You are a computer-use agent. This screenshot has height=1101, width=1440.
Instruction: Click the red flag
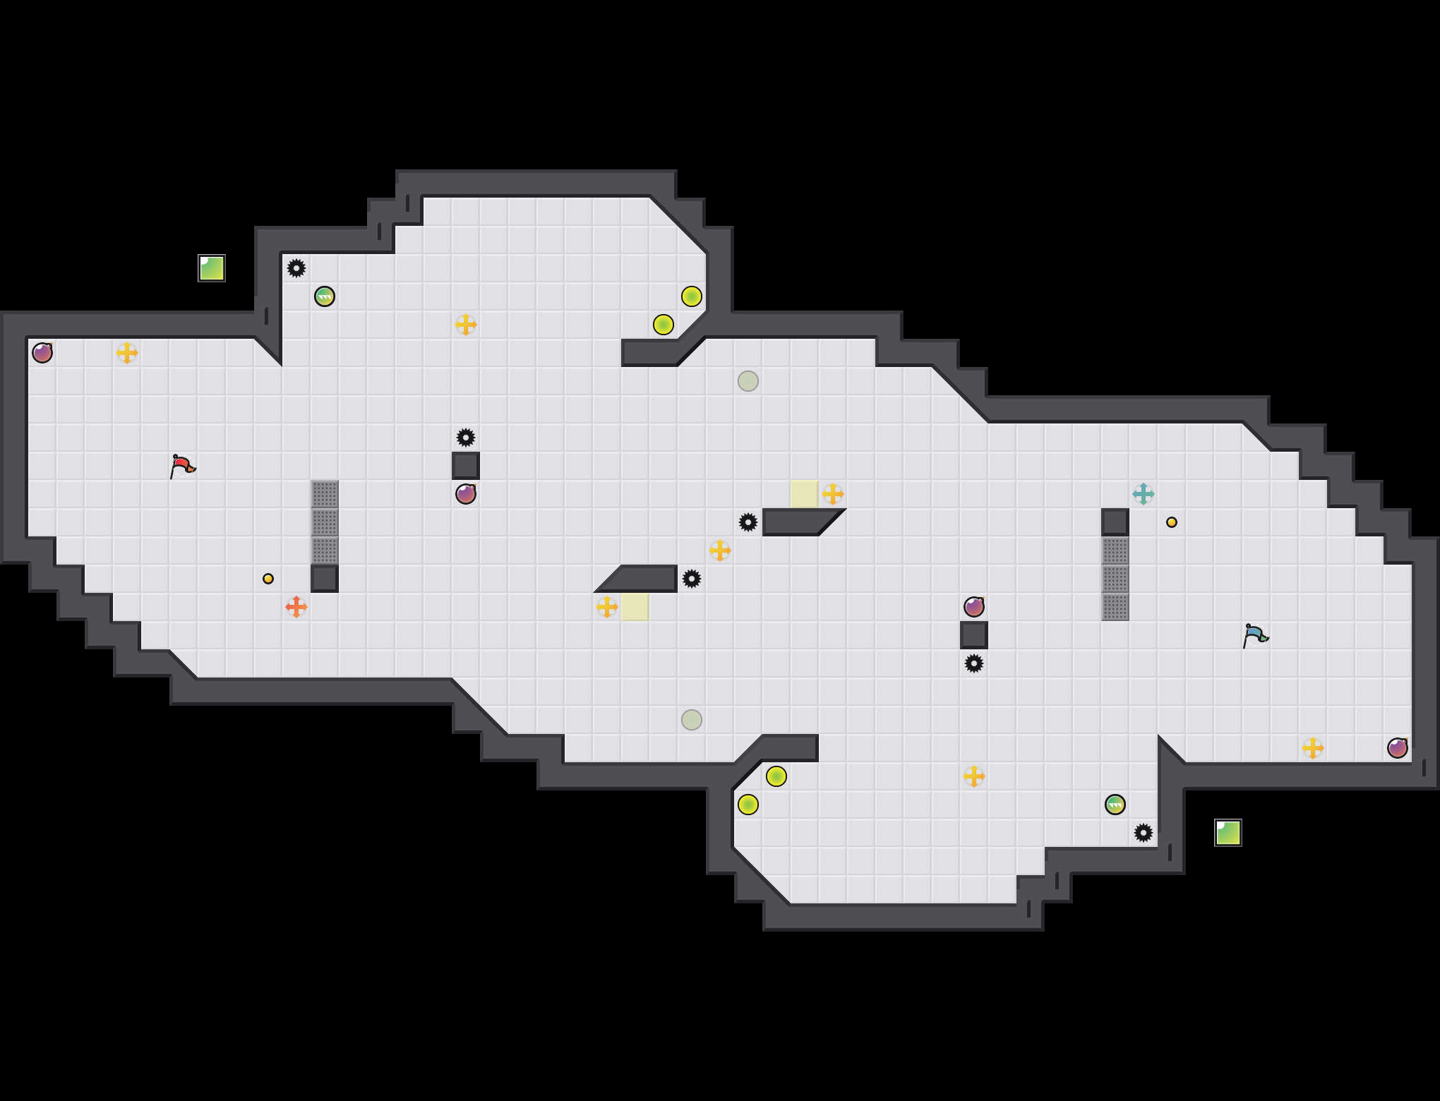point(182,466)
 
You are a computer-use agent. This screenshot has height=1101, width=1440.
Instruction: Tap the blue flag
point(1255,635)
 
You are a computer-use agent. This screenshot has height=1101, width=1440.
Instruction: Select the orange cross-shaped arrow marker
point(296,607)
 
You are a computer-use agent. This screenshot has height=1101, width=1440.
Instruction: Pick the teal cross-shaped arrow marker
point(1144,494)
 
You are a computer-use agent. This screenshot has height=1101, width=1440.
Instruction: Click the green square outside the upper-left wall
point(212,268)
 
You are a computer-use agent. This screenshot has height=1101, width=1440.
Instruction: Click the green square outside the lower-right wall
point(1228,833)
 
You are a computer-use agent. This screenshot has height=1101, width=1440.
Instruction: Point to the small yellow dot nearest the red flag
point(268,579)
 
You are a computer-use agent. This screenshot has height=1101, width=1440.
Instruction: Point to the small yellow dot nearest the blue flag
point(1172,522)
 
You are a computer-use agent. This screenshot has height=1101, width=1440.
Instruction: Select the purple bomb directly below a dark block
point(466,494)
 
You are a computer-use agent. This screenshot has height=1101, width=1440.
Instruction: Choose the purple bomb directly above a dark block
point(974,607)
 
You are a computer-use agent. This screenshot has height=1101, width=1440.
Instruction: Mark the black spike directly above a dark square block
point(466,438)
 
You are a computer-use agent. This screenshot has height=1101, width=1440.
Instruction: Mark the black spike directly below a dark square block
point(974,663)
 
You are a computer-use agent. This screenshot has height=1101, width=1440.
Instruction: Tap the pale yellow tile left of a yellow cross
point(805,494)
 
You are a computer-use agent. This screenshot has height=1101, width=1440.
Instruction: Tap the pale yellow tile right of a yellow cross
point(635,607)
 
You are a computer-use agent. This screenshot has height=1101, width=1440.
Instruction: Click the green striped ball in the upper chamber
point(325,296)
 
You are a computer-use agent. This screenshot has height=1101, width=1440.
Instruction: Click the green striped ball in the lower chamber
point(1115,805)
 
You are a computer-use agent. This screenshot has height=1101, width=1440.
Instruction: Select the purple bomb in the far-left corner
point(42,353)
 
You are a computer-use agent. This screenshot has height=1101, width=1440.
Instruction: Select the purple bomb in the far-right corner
point(1398,748)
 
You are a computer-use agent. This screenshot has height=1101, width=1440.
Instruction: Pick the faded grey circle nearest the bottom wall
point(692,720)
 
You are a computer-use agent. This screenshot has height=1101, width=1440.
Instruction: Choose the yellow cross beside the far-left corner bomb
point(127,353)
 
